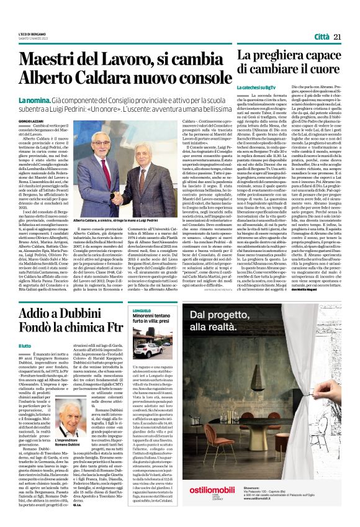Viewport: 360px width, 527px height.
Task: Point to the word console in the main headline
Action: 188,78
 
